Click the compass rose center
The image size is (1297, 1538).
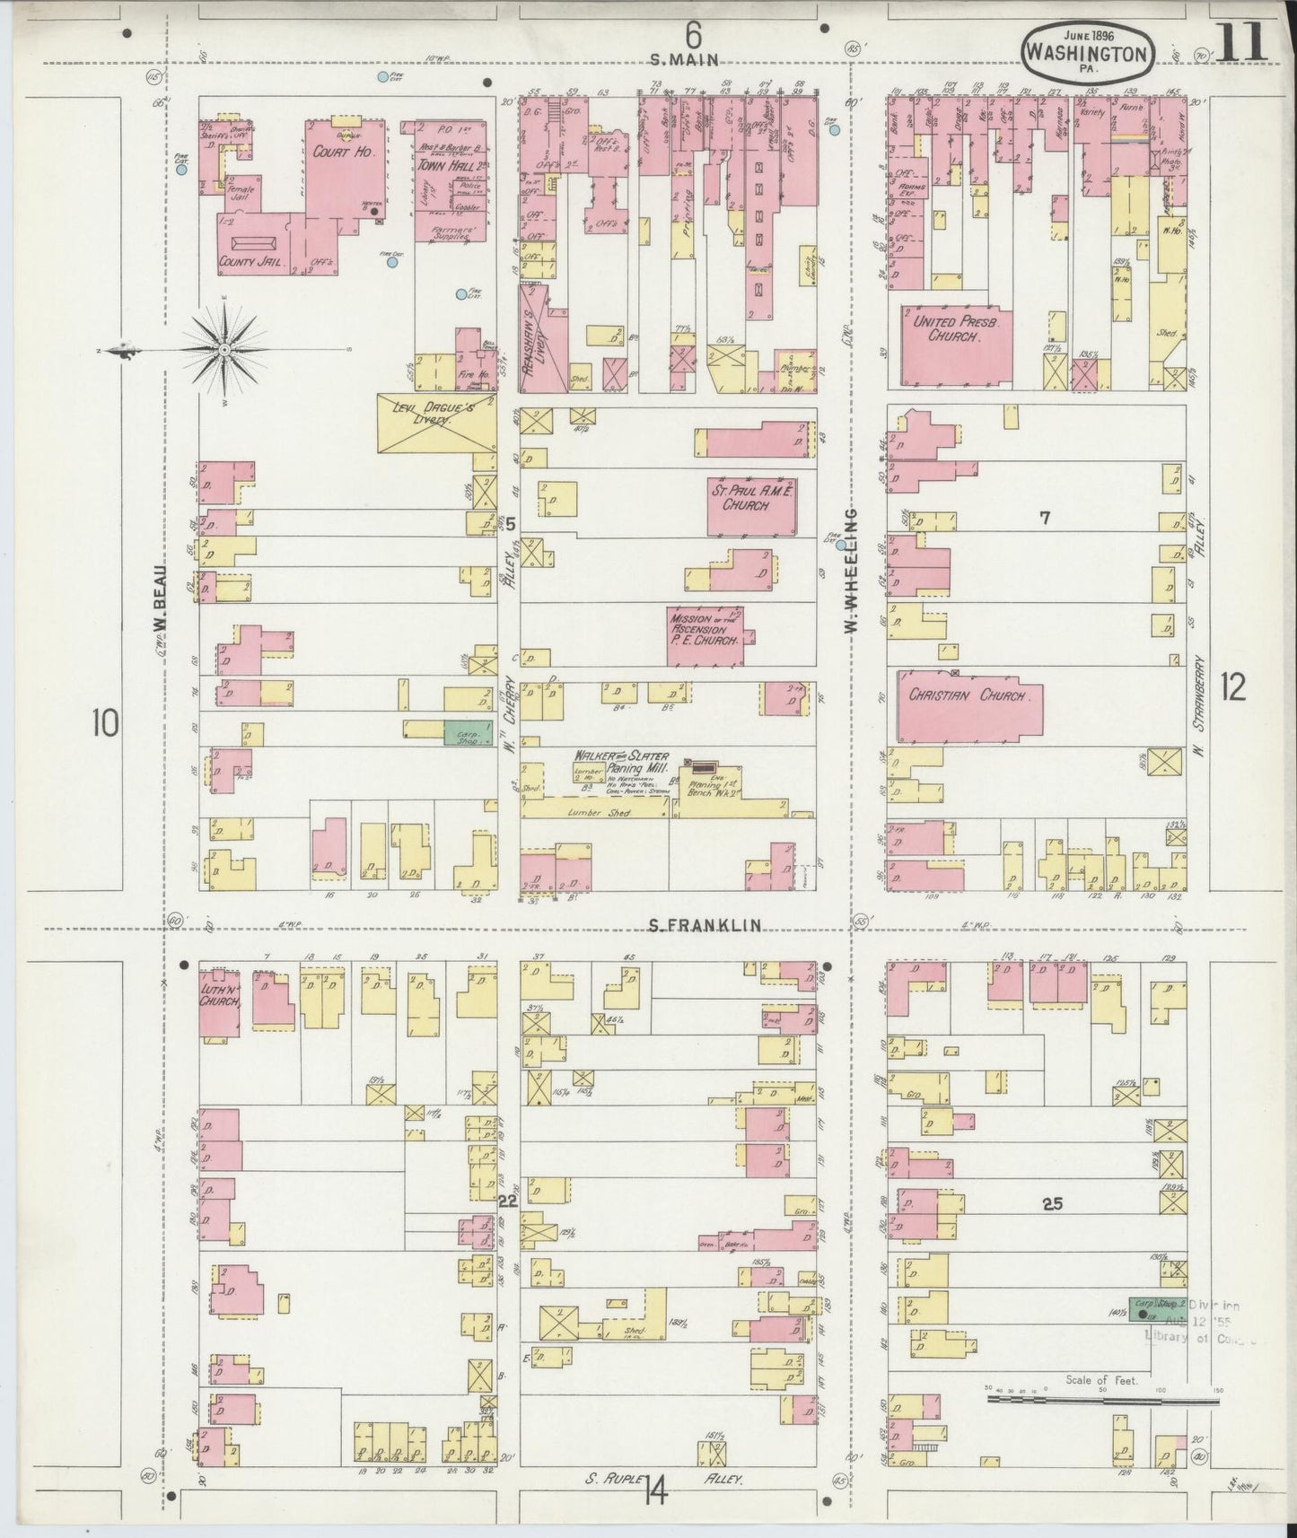pyautogui.click(x=223, y=348)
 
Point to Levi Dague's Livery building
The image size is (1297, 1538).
pyautogui.click(x=435, y=423)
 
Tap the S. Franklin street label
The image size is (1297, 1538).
pyautogui.click(x=705, y=924)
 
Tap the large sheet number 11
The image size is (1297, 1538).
pyautogui.click(x=1243, y=42)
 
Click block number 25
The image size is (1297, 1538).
pyautogui.click(x=1052, y=1203)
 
